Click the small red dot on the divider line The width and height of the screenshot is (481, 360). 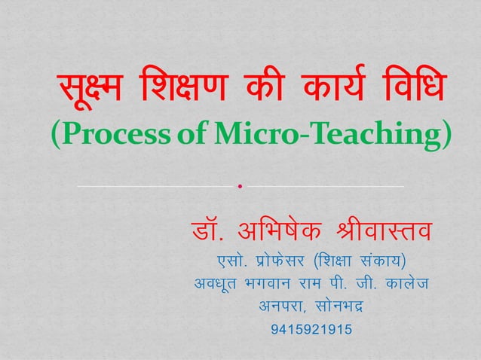[240, 185]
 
